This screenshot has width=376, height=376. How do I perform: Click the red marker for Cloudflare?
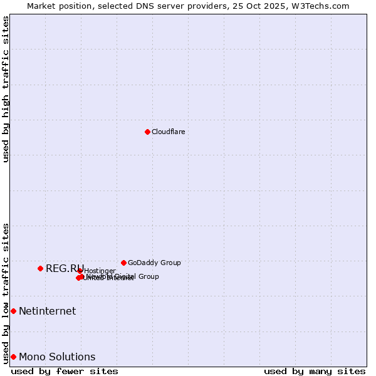[x=147, y=132]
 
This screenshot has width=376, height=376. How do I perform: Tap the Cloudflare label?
[x=168, y=132]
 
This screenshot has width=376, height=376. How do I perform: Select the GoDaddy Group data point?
[x=123, y=263]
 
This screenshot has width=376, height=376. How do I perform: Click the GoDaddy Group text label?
[x=154, y=263]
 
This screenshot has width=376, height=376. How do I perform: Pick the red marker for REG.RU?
[x=40, y=268]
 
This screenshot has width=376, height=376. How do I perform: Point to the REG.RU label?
[x=64, y=268]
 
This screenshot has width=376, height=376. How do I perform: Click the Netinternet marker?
[x=13, y=311]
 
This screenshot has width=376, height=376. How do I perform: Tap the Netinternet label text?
[x=47, y=311]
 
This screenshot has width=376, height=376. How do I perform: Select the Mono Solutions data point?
[x=13, y=357]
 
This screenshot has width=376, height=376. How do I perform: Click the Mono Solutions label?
[x=57, y=357]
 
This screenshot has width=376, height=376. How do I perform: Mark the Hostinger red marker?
[x=80, y=271]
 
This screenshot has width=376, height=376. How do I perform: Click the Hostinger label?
[x=100, y=271]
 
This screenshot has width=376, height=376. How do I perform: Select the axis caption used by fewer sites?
[x=65, y=371]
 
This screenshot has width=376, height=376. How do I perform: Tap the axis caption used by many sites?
[x=315, y=371]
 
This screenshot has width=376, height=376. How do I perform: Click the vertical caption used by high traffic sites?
[x=6, y=89]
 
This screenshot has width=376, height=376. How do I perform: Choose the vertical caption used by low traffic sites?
[x=6, y=293]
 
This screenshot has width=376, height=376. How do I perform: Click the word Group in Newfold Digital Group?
[x=148, y=276]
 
